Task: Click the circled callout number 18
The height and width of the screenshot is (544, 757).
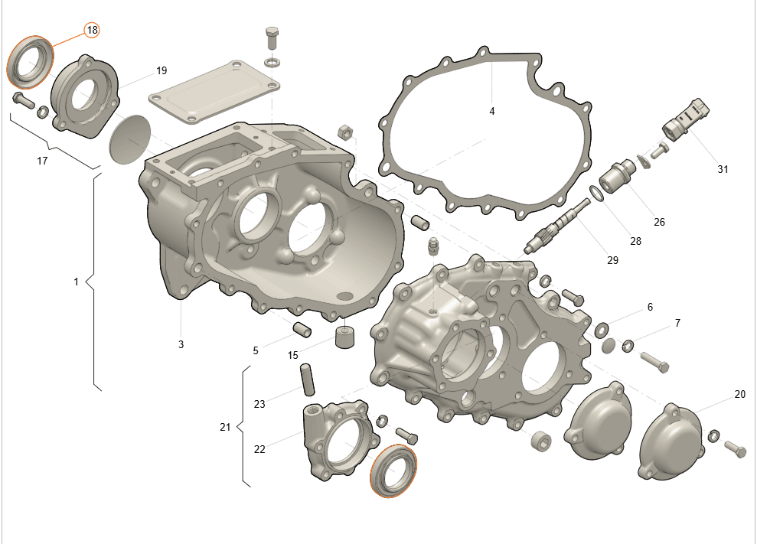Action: [x=92, y=30]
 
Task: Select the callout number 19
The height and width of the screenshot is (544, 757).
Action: [x=162, y=70]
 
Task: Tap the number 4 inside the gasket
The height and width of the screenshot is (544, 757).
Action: [x=492, y=111]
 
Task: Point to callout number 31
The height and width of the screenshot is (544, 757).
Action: [x=723, y=169]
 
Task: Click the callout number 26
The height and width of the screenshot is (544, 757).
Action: [x=659, y=222]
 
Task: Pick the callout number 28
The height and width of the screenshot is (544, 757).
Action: [x=635, y=241]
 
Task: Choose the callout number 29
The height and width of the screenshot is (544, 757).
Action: [x=612, y=260]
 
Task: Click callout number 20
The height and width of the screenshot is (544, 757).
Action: [x=739, y=394]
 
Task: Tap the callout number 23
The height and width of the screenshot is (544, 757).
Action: [x=259, y=404]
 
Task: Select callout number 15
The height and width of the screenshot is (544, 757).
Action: [x=292, y=355]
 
